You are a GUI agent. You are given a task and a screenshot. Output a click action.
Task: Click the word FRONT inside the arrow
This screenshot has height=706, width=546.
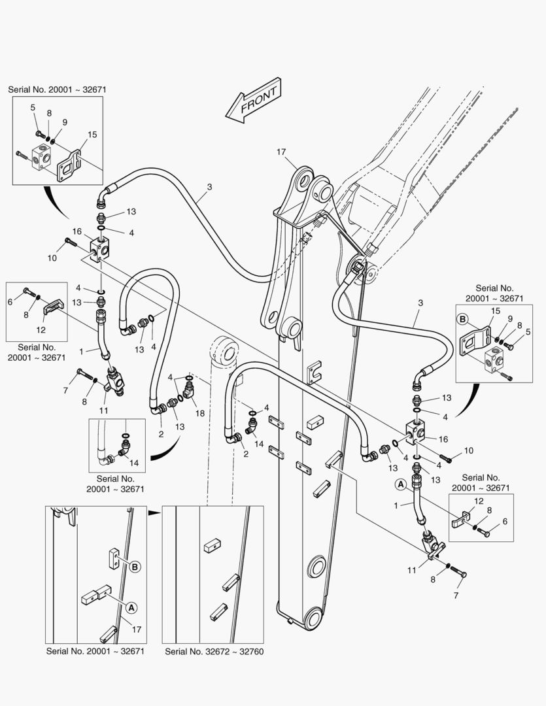(x=258, y=101)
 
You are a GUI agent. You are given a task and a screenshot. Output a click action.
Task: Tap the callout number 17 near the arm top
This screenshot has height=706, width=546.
(x=281, y=152)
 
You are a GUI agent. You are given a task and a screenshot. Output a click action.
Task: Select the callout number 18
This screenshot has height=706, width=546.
(x=199, y=413)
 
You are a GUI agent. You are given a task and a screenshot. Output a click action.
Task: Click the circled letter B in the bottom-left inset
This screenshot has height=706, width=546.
(x=135, y=566)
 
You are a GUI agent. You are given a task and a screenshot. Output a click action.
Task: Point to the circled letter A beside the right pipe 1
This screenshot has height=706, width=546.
(x=400, y=484)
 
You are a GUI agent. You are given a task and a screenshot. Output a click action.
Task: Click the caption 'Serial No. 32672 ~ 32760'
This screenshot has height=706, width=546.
(x=214, y=652)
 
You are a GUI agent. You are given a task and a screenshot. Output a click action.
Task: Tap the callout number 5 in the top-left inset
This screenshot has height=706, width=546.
(x=33, y=108)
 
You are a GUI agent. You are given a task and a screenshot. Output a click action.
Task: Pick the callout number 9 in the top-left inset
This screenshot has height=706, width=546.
(x=65, y=122)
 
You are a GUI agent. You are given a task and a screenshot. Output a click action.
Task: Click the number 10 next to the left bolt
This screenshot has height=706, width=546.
(x=52, y=258)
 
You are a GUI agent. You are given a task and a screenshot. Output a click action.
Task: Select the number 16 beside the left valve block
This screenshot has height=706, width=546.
(x=77, y=231)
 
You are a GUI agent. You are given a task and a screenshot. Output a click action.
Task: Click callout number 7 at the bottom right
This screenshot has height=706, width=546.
(x=456, y=596)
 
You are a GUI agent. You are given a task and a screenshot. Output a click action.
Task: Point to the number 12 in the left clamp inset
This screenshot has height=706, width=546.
(x=41, y=329)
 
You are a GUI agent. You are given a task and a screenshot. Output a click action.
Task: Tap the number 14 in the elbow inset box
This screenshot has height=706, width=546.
(x=134, y=462)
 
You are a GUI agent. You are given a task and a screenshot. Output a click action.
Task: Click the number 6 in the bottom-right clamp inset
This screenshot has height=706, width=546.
(x=505, y=521)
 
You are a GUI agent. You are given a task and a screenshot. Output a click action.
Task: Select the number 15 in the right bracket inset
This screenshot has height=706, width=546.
(x=496, y=311)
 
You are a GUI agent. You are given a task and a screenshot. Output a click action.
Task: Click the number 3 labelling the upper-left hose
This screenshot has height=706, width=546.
(x=209, y=186)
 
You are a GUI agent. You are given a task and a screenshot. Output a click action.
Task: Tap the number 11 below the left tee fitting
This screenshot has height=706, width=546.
(x=103, y=410)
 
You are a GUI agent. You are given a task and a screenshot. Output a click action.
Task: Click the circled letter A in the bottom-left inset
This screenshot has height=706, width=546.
(x=131, y=608)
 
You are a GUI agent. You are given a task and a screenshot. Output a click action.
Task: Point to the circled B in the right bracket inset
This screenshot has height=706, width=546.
(x=462, y=319)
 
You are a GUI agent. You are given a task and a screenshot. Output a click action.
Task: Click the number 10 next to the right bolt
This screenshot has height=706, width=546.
(x=469, y=450)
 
